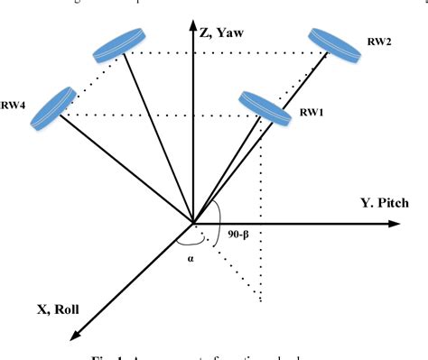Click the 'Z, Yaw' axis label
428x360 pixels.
[x=224, y=34]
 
